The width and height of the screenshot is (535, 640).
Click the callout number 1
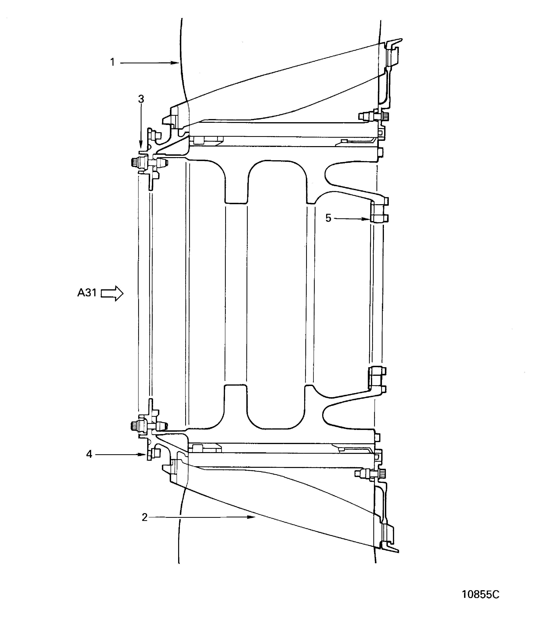point(112,63)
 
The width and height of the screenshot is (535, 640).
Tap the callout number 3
point(141,99)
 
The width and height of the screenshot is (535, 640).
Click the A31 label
point(87,293)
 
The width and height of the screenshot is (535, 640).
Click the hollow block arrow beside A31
point(112,293)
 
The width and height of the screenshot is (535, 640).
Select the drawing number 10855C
point(481,594)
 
